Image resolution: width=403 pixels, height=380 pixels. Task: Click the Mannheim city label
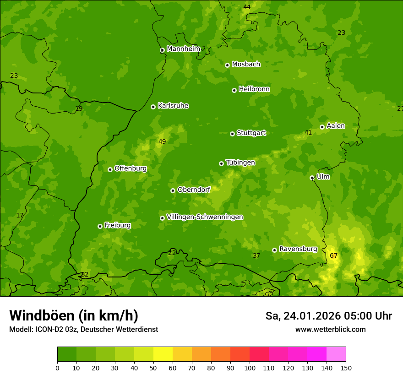click(x=183, y=49)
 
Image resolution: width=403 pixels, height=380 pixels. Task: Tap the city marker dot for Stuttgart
click(x=232, y=134)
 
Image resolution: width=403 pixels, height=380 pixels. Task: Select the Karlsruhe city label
click(x=173, y=106)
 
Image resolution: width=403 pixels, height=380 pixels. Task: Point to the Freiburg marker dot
click(x=100, y=226)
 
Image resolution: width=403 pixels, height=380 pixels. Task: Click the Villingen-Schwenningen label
click(x=205, y=217)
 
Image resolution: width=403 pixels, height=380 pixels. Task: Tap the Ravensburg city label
click(x=298, y=249)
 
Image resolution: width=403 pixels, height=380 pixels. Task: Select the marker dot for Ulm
click(x=312, y=178)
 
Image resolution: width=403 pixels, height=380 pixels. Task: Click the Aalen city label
click(x=335, y=126)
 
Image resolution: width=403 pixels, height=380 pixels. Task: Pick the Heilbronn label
click(x=254, y=89)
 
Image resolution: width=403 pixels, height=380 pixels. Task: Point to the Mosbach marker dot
click(x=227, y=65)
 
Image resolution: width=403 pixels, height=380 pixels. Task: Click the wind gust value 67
click(x=333, y=255)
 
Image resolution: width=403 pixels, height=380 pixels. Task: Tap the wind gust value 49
click(x=162, y=141)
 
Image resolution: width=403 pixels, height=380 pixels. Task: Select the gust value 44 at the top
click(x=247, y=7)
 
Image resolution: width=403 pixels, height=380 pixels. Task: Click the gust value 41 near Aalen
click(x=308, y=132)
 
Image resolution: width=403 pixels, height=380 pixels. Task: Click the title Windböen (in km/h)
click(x=74, y=315)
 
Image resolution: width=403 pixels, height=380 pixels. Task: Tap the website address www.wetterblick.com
click(x=330, y=329)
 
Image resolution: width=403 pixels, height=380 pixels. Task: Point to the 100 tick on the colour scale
click(x=250, y=367)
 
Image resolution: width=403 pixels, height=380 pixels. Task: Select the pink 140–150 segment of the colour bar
click(x=336, y=354)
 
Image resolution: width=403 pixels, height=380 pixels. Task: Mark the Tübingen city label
click(x=240, y=163)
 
